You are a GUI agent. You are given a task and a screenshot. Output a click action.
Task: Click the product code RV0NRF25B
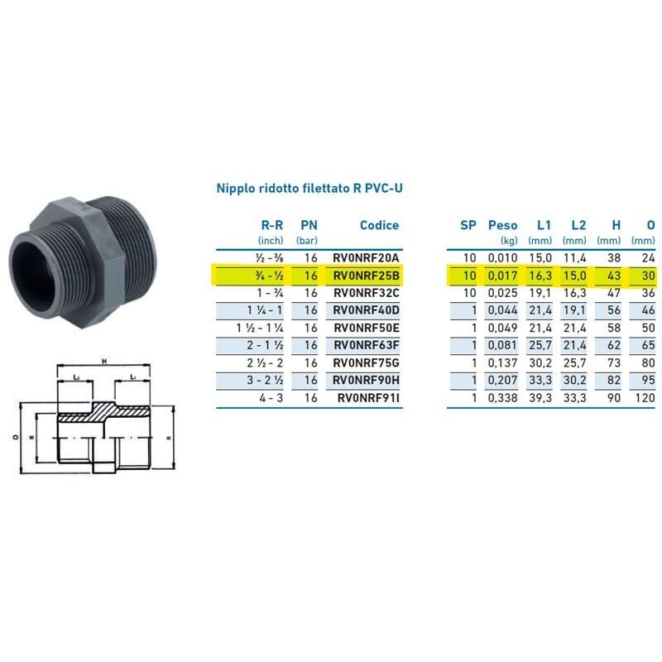(366, 276)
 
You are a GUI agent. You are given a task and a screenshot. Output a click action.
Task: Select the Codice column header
(379, 225)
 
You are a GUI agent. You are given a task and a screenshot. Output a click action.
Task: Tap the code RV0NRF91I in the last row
(368, 398)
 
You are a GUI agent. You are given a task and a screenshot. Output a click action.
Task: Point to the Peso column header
(502, 225)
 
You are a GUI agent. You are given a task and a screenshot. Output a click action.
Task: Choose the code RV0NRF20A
(366, 258)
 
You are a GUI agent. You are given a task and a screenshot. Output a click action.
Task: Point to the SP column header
(468, 225)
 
